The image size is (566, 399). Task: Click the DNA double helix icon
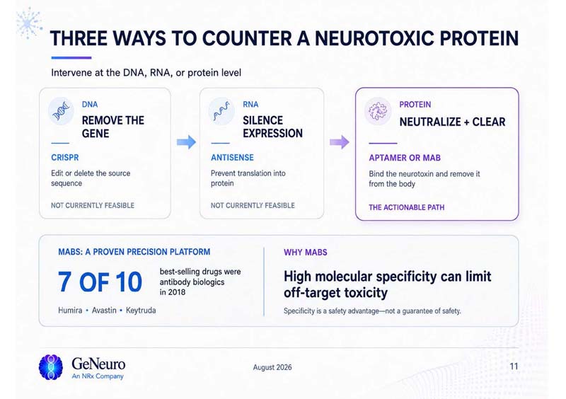(61, 111)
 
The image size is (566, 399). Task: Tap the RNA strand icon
(221, 111)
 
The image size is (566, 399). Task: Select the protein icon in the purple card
(378, 111)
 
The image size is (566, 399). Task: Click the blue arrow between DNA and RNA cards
(186, 142)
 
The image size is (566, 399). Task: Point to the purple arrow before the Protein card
(340, 142)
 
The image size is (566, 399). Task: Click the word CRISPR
(65, 158)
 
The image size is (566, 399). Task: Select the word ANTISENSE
(232, 158)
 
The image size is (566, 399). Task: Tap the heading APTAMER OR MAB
(405, 158)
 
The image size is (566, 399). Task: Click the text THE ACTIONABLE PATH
(406, 207)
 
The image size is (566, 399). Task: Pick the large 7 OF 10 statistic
(100, 282)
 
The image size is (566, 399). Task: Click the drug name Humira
(70, 310)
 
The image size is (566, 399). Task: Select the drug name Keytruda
(141, 310)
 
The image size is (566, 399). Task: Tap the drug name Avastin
(104, 310)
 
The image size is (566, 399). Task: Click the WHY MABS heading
(306, 252)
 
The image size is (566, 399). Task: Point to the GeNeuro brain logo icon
(51, 367)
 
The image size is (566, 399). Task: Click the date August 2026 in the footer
(272, 367)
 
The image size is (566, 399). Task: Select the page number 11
(514, 366)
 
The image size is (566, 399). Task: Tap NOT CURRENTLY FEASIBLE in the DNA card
(93, 205)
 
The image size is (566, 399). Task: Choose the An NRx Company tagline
(98, 376)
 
